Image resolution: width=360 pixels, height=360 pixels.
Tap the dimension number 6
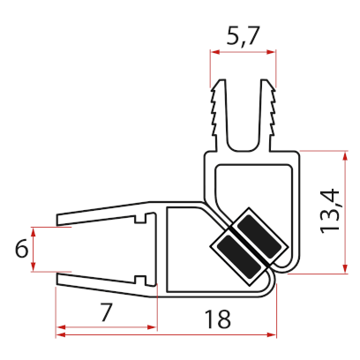tap(20, 250)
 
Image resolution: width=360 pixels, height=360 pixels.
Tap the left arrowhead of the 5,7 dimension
tap(214, 52)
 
